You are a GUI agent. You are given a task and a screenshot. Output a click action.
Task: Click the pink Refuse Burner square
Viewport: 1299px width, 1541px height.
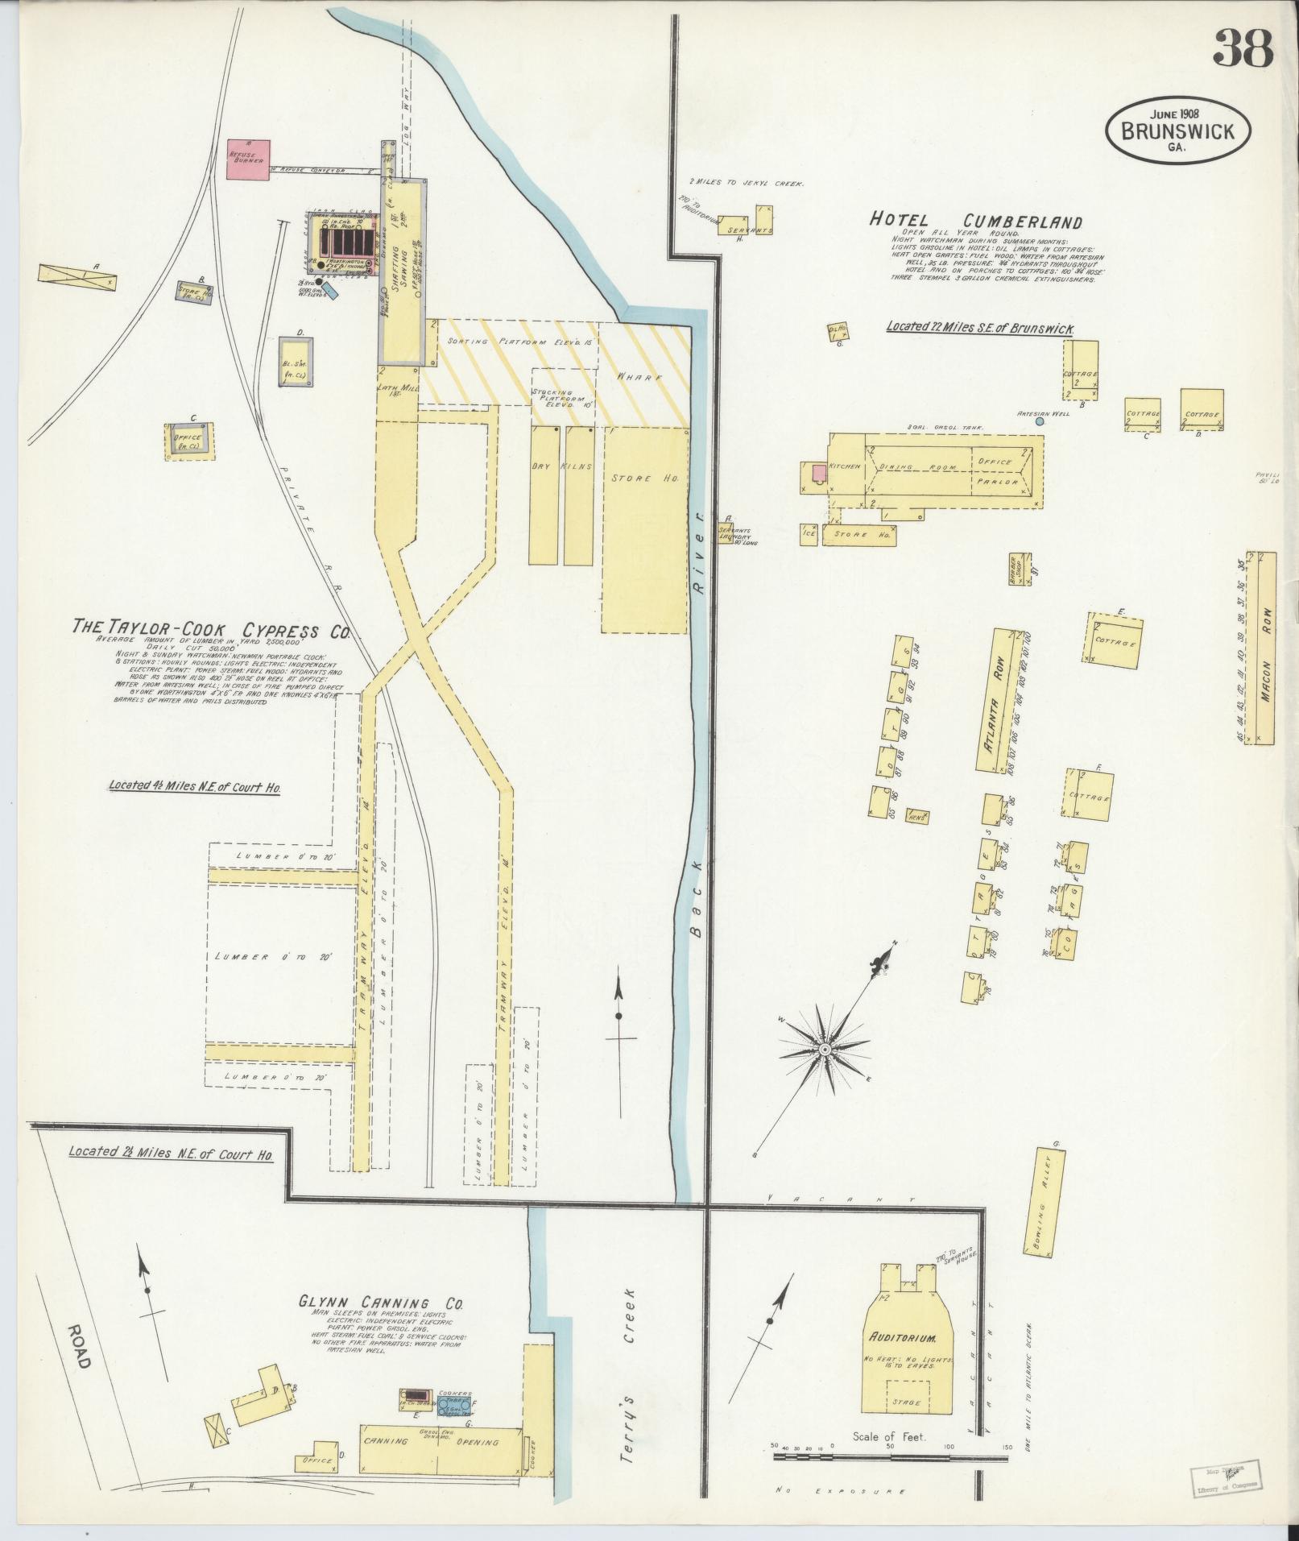pyautogui.click(x=248, y=159)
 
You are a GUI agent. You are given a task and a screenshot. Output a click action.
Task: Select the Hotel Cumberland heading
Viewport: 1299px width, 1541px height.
pyautogui.click(x=975, y=222)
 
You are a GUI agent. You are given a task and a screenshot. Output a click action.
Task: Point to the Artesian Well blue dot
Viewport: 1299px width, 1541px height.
pyautogui.click(x=1040, y=421)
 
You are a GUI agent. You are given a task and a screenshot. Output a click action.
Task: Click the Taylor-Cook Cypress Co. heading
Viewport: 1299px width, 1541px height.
pyautogui.click(x=210, y=629)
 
